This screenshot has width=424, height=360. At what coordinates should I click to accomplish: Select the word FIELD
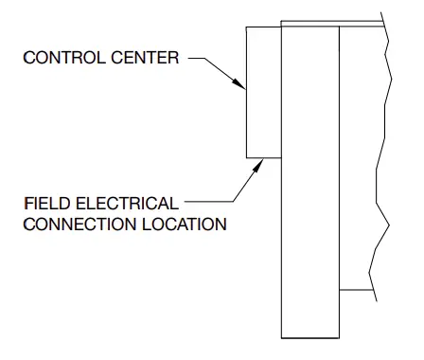(45, 204)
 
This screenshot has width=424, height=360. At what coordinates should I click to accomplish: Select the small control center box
(263, 91)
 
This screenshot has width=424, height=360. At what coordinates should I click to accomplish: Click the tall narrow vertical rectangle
(309, 189)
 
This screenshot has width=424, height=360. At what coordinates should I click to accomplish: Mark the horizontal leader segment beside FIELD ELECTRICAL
(208, 202)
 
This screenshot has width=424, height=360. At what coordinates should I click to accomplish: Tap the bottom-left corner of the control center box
(246, 156)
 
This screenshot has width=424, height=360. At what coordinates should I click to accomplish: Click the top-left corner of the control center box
(246, 27)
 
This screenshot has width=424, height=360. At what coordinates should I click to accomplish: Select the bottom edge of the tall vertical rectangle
(309, 337)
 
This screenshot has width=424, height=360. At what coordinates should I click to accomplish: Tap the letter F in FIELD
(26, 204)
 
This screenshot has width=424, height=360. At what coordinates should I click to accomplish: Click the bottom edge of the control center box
(263, 156)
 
